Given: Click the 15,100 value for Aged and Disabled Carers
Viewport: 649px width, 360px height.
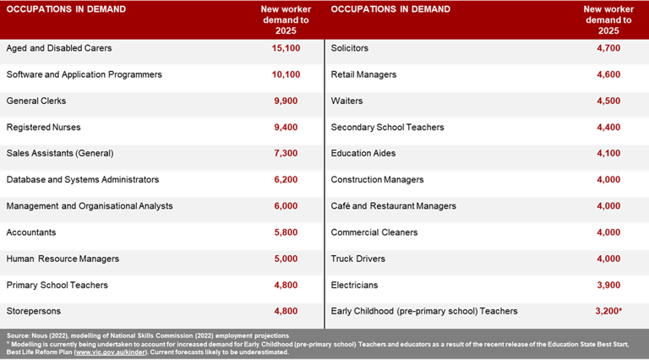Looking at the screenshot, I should [x=286, y=48].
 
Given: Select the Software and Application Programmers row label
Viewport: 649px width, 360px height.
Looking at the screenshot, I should [x=84, y=74].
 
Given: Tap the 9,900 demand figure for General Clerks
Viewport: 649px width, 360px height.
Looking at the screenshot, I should [x=286, y=101].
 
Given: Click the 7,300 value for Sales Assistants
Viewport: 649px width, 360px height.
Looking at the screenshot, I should [x=286, y=153].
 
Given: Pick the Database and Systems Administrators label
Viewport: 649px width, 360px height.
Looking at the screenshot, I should [x=82, y=179].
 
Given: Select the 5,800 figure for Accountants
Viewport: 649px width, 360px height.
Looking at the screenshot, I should [x=286, y=232].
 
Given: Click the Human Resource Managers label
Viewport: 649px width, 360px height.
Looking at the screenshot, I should [x=63, y=259].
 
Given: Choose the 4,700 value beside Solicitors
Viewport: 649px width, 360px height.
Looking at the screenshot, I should [x=607, y=48].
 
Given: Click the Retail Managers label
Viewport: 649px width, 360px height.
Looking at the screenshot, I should [x=363, y=74].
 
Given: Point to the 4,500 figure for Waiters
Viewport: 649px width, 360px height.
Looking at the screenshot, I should [x=607, y=101].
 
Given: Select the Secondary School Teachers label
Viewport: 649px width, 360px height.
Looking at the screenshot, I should [x=387, y=127].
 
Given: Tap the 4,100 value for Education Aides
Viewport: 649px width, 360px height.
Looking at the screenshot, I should [x=607, y=153].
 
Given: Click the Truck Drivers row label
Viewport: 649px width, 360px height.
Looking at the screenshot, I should [x=357, y=259].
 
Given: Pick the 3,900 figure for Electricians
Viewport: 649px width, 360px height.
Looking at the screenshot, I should [x=607, y=285].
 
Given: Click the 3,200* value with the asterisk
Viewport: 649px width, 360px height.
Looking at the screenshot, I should [x=608, y=311].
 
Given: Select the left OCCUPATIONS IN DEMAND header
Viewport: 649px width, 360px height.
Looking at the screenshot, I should [x=66, y=9].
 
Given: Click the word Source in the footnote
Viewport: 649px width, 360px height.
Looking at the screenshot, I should [x=17, y=336].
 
